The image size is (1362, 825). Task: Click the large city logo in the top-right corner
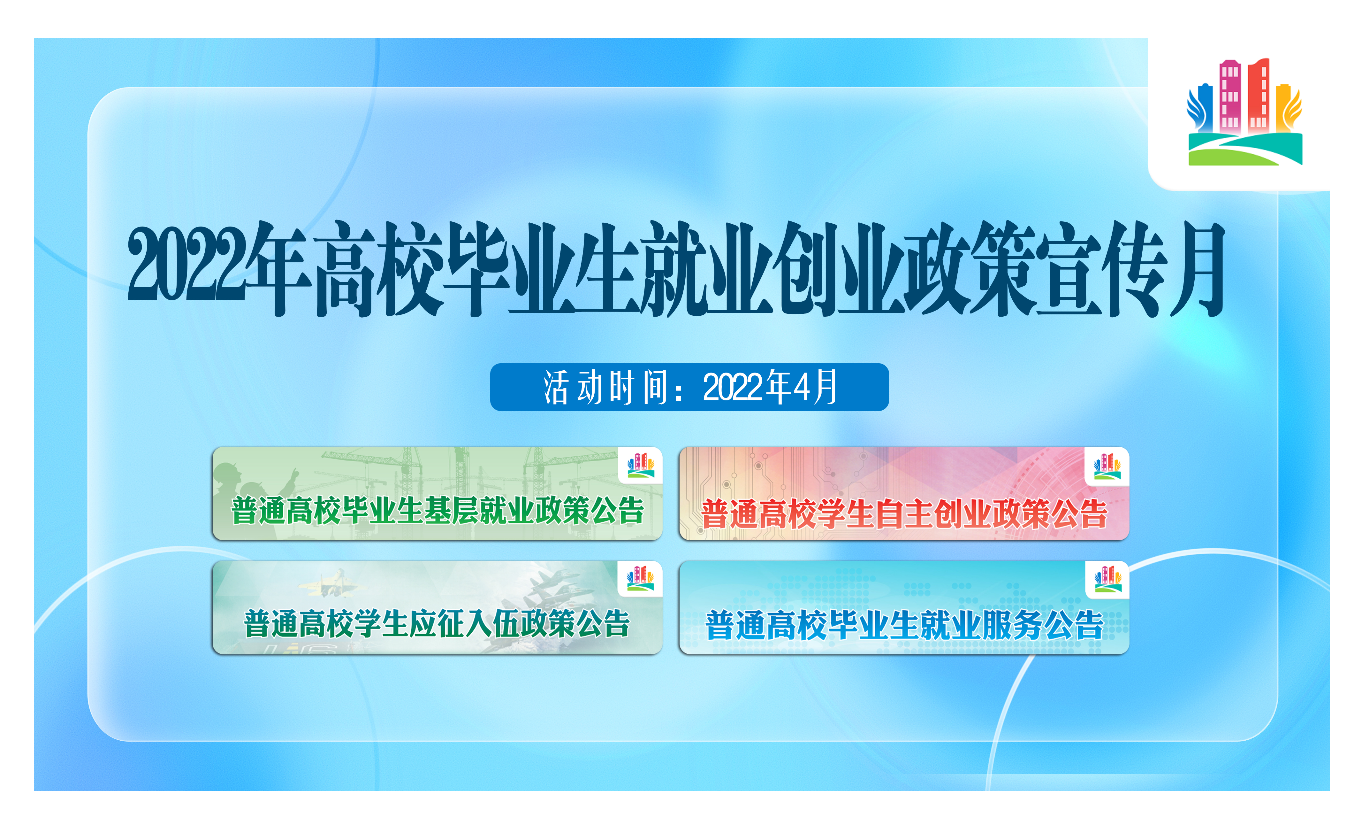1245,112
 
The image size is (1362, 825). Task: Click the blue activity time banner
689,387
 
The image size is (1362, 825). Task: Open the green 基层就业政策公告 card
437,493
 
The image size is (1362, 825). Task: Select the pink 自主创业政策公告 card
904,493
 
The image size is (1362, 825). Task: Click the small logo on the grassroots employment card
641,465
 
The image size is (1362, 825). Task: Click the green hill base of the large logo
1245,149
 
